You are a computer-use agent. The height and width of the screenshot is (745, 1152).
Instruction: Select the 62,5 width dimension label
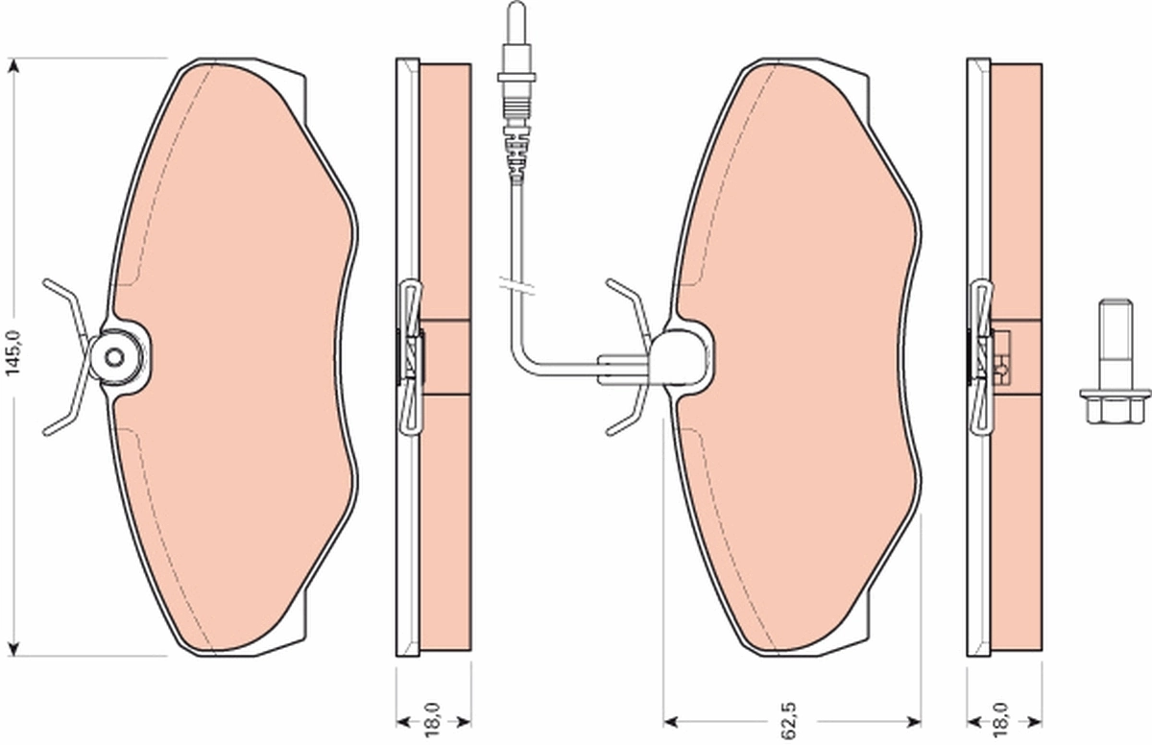click(789, 718)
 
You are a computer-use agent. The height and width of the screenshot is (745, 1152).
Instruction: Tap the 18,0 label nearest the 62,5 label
click(1002, 718)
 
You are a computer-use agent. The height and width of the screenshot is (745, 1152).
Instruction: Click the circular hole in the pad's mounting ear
click(116, 358)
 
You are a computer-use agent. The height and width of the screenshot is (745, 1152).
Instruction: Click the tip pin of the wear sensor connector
click(516, 19)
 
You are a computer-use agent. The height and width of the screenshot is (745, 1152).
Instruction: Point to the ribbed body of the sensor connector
click(516, 144)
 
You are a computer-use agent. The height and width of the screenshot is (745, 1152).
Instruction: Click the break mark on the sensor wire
click(516, 283)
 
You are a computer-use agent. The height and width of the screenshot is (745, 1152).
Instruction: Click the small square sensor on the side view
click(1004, 360)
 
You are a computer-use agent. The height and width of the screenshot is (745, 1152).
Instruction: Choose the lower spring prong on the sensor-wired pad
click(624, 420)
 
